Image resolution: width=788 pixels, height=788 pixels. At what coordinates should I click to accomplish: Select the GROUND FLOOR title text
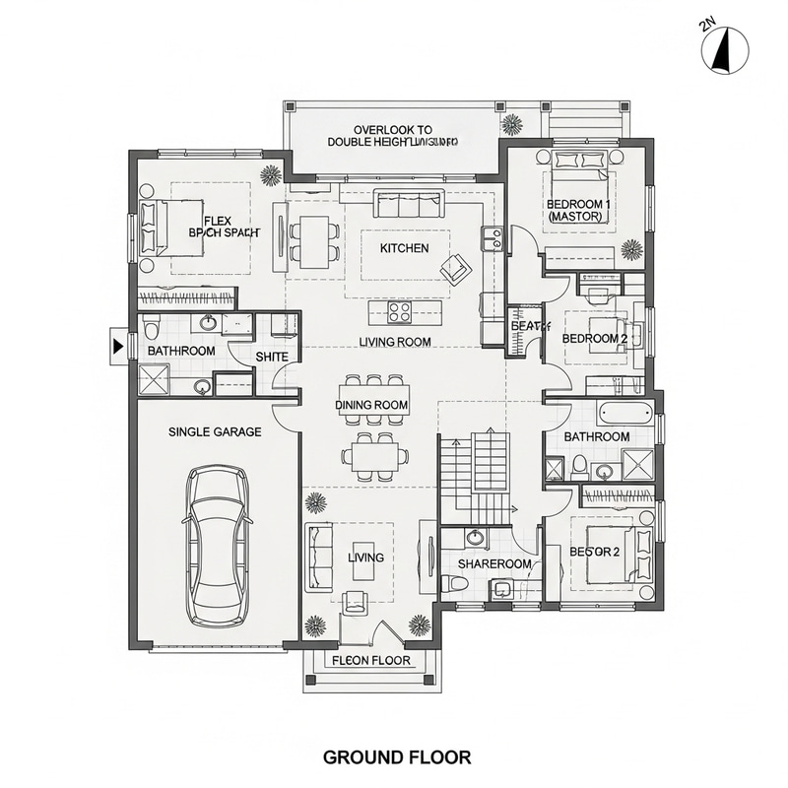(397, 757)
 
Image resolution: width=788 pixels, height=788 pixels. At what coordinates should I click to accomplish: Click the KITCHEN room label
(404, 248)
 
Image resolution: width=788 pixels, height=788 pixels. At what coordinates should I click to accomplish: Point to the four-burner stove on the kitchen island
(400, 313)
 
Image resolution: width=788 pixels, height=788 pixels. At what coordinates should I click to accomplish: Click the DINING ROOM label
(371, 405)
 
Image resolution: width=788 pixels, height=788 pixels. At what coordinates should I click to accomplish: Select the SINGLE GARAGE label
(215, 431)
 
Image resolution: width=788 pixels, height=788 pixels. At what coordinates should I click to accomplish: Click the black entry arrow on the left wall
(118, 345)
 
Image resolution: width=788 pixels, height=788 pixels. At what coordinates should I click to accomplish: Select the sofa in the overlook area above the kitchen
(408, 205)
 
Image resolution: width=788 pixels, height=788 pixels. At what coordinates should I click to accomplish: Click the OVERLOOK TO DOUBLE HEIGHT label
(393, 136)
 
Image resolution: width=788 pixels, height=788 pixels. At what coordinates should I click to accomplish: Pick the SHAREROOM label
(495, 564)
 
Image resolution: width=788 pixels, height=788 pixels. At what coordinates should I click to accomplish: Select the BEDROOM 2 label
(594, 338)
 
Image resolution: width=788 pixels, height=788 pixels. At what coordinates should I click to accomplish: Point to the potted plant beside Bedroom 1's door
(631, 248)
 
